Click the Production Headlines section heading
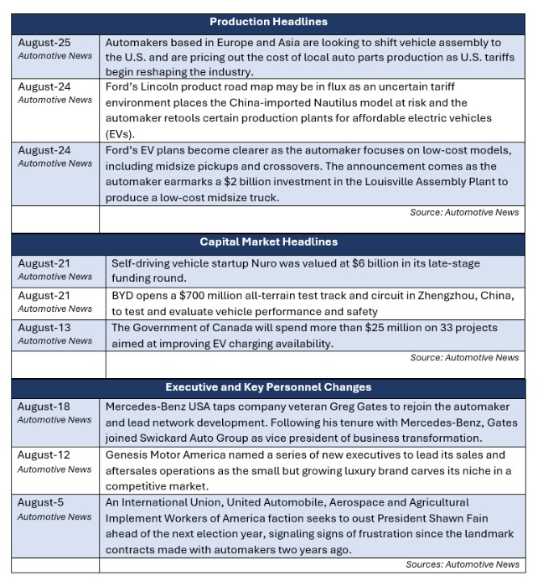(x=268, y=21)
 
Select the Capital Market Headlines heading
(x=268, y=242)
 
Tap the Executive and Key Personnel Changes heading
(x=268, y=387)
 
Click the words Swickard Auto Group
(x=199, y=438)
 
